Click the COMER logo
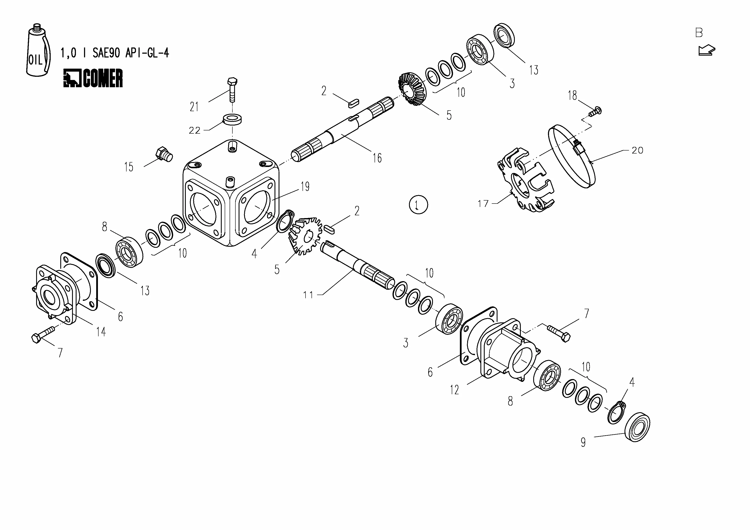[93, 78]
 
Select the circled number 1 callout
[418, 205]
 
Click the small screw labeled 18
[595, 111]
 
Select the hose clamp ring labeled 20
[572, 157]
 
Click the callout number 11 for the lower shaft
[308, 295]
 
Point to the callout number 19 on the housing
[305, 187]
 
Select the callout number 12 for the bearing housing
[454, 390]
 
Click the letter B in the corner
[699, 33]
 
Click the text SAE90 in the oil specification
[106, 53]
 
